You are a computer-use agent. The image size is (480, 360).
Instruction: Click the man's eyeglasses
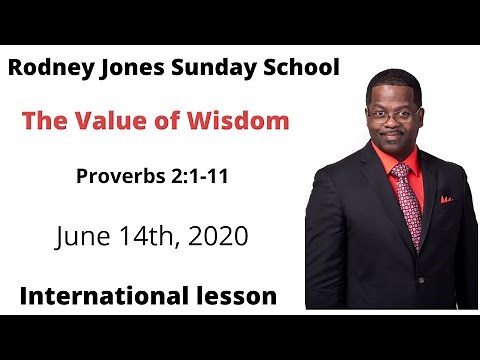(391, 114)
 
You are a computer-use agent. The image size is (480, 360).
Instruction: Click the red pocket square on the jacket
(446, 199)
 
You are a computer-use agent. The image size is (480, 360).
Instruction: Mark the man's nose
(393, 122)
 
